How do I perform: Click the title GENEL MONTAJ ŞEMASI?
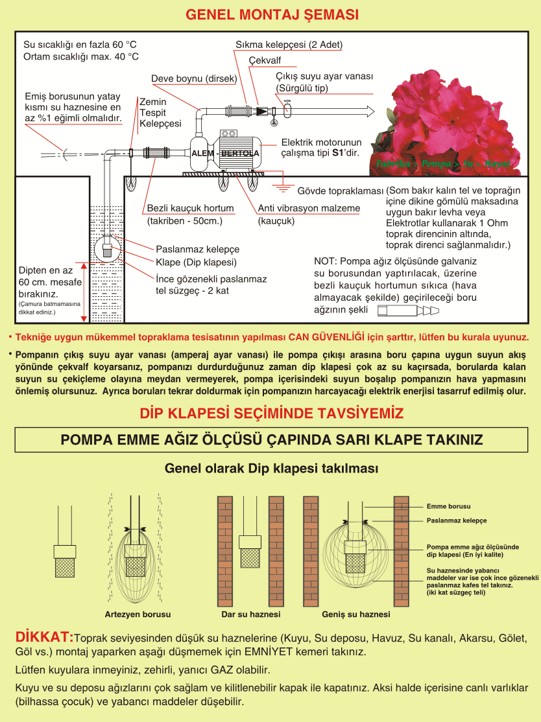(272, 15)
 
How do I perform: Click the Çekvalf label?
(265, 60)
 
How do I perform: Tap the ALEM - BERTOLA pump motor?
(226, 152)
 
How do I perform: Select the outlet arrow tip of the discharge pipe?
(374, 111)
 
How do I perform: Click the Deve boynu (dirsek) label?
(194, 78)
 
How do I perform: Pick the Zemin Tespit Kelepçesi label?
(160, 113)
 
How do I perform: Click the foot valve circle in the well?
(108, 249)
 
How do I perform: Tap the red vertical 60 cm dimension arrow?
(84, 292)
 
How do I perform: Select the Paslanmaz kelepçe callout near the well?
(198, 249)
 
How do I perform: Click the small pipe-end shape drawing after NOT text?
(408, 311)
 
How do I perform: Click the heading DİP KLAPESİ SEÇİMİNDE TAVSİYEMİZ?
(272, 413)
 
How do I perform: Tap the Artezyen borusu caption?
(138, 614)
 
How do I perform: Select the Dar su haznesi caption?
(250, 614)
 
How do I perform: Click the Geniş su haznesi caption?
(355, 614)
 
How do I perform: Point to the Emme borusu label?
(448, 507)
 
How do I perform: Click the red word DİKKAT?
(44, 637)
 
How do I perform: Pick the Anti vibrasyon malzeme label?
(309, 208)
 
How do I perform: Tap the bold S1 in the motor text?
(338, 153)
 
